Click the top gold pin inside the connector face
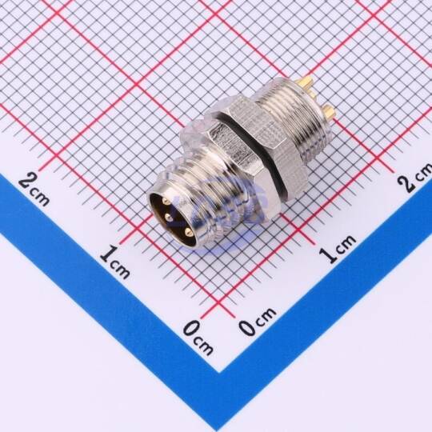[165, 202]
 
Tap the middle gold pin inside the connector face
[168, 218]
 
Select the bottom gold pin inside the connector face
[187, 232]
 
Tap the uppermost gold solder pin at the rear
[306, 82]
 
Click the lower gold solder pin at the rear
[329, 111]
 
